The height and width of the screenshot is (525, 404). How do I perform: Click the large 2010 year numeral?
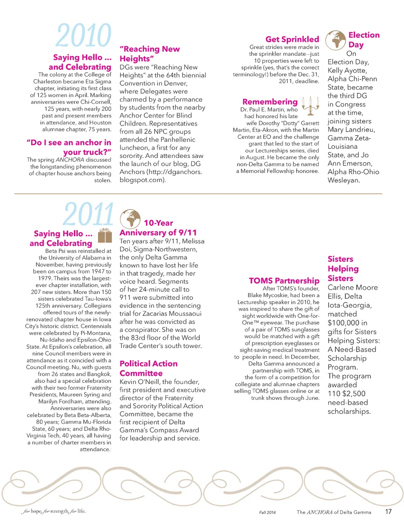84,36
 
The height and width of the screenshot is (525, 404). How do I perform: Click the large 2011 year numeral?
88,215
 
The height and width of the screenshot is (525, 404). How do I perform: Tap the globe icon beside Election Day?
335,40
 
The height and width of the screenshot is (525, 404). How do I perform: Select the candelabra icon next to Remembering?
310,104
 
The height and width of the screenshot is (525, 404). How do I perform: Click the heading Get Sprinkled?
292,39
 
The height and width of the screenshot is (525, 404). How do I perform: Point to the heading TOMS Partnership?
284,280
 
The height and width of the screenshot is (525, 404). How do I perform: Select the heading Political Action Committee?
148,368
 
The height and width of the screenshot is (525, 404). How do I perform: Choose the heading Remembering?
270,102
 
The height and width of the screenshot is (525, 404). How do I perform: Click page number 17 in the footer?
388,512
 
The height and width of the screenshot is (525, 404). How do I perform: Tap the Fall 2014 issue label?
267,512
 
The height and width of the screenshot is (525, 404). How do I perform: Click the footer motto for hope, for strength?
54,511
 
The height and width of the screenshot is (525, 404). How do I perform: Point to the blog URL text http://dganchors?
174,172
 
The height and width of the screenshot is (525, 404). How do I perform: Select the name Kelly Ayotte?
347,70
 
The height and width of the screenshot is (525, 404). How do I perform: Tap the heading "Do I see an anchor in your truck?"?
69,147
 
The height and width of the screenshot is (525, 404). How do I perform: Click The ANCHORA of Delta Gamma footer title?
334,512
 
